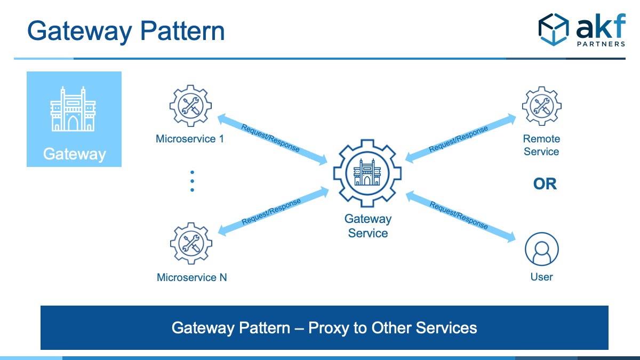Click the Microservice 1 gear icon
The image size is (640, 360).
pyautogui.click(x=191, y=107)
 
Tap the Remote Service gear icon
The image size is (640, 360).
pyautogui.click(x=541, y=107)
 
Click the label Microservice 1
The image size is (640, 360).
pyautogui.click(x=190, y=139)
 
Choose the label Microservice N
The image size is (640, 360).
pyautogui.click(x=191, y=277)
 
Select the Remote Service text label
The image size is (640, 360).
pyautogui.click(x=541, y=145)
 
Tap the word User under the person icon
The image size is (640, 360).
pyautogui.click(x=541, y=277)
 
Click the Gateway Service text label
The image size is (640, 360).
pyautogui.click(x=367, y=226)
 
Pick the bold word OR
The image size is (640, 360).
pyautogui.click(x=545, y=184)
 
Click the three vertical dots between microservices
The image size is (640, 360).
pyautogui.click(x=192, y=181)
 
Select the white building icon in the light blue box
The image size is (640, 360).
pyautogui.click(x=74, y=109)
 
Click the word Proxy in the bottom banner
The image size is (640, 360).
pyautogui.click(x=329, y=327)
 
